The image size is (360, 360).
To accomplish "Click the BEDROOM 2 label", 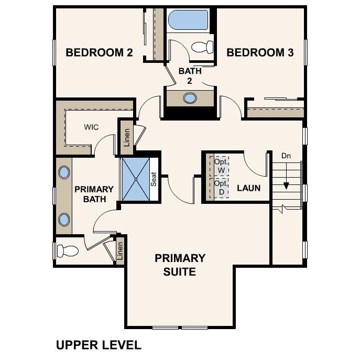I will pos(99,52).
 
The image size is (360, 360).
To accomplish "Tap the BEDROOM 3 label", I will pos(260,52).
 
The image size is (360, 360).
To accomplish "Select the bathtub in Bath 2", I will pos(187,20).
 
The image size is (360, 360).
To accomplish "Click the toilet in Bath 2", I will pos(202,47).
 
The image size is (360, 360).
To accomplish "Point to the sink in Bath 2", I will pos(190,97).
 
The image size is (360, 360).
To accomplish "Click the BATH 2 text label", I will pos(189,75).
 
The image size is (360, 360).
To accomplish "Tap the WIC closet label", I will pos(91,127).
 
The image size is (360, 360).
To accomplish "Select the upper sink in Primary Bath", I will pos(64,172).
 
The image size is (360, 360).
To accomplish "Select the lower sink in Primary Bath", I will pos(64,219).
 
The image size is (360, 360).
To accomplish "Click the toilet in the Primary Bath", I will pos(67,250).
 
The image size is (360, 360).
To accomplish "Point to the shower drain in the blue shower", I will pos(136,179).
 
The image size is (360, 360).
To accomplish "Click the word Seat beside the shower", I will pos(154,180).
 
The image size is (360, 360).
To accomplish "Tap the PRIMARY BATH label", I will pos(94,194).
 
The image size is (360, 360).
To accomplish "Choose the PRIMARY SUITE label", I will pos(180,265).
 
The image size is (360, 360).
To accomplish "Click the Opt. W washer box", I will pos(221,166).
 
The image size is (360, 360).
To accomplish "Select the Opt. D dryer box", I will pos(221,188).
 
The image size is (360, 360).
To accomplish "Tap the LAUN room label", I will pos(248,188).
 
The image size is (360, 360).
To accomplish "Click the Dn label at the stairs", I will pos(286,156).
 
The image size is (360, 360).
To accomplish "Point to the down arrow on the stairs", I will pos(286,186).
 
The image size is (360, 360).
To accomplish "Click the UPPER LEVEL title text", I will pos(99,345).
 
